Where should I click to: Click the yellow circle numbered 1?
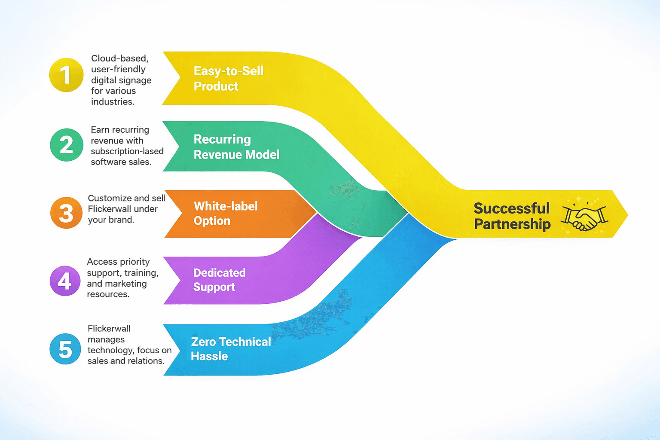click(x=66, y=75)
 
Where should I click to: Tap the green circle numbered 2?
click(x=67, y=145)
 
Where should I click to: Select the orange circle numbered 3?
click(x=66, y=213)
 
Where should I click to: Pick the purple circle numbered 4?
click(x=65, y=281)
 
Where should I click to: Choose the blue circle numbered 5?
click(x=65, y=349)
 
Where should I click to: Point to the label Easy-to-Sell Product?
click(x=228, y=78)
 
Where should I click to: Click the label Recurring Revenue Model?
click(x=236, y=147)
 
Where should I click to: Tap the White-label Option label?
click(x=226, y=214)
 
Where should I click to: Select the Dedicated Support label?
click(x=219, y=280)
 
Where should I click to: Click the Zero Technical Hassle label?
click(x=231, y=348)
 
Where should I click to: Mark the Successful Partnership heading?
click(x=512, y=216)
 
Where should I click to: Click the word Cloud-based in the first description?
click(x=119, y=58)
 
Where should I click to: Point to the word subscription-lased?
click(x=127, y=152)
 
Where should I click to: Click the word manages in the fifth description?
click(x=106, y=340)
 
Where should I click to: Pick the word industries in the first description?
click(x=113, y=102)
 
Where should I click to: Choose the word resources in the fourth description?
click(x=108, y=294)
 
